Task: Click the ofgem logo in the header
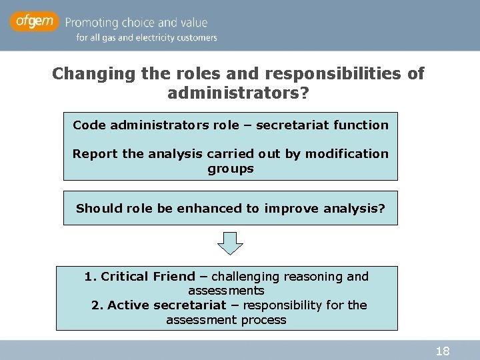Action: pos(33,22)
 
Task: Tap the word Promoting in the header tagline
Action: pos(91,23)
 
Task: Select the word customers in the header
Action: pos(198,38)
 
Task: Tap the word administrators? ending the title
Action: pos(238,93)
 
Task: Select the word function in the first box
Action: pos(364,125)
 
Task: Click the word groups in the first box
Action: pos(231,169)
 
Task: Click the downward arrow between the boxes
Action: pos(231,243)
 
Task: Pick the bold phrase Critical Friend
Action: pos(148,276)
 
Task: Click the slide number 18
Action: pos(443,351)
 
